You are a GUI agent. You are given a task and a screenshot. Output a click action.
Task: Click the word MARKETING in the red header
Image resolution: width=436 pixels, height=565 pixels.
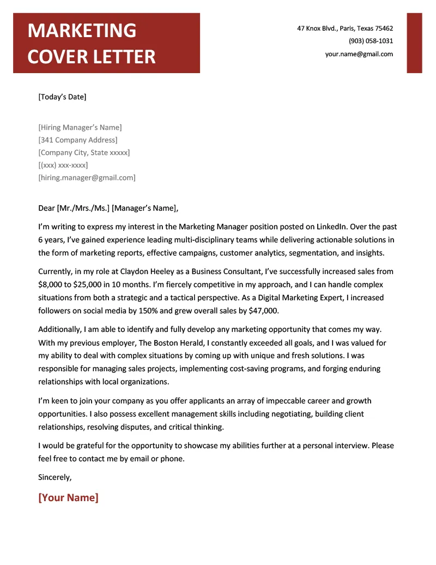pos(82,31)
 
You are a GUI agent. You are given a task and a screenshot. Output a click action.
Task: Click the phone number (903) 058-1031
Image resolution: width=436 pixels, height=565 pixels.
pos(371,41)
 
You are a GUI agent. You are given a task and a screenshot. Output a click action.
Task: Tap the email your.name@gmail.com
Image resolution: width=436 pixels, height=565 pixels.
pos(359,54)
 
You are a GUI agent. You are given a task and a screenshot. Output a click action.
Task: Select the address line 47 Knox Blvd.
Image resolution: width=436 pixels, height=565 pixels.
pos(344,28)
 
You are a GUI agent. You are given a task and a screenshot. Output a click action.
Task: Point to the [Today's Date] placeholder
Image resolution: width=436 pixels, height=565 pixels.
pos(62,97)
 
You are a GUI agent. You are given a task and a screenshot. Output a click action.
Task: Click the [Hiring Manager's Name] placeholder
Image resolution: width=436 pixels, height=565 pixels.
pos(80,127)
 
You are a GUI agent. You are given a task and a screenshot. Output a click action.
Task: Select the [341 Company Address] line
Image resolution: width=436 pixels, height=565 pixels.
pos(77,140)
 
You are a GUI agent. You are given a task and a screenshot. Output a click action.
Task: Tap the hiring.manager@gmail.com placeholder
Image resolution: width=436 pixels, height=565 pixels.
pos(87,177)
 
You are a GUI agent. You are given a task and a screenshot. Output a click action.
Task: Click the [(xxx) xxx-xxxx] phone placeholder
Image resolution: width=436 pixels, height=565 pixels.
pos(63,165)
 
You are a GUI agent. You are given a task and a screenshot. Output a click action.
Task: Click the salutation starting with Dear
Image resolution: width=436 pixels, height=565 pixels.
pos(108,208)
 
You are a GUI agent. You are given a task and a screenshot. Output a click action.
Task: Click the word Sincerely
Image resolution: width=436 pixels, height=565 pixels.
pos(55,477)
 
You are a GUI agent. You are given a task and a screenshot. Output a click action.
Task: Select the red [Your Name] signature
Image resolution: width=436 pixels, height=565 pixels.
pos(68,497)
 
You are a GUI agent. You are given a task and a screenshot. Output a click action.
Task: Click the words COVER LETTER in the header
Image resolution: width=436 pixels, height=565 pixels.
pos(91,56)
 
